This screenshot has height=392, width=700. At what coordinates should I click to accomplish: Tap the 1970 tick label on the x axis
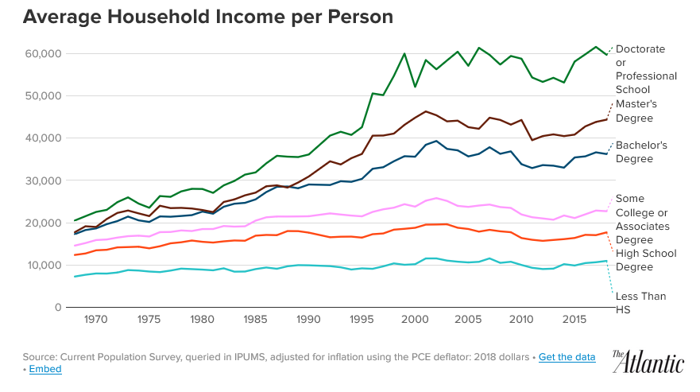(96, 320)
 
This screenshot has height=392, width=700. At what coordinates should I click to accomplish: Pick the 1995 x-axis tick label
(362, 320)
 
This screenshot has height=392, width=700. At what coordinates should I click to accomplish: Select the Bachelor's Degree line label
(641, 152)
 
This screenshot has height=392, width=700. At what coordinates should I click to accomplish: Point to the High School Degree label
(646, 260)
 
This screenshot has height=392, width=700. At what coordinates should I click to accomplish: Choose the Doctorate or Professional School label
(646, 69)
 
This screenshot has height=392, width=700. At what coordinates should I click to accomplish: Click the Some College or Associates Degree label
(643, 219)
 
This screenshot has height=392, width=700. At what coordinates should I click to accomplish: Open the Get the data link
(567, 357)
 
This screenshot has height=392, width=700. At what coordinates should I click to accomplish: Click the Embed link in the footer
(45, 369)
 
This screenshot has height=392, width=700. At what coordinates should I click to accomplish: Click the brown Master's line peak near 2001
(426, 111)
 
